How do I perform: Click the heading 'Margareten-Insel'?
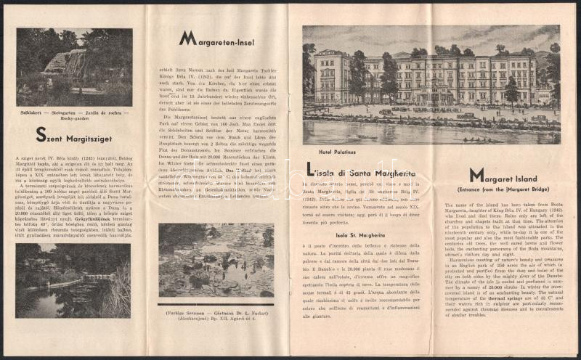click(218, 37)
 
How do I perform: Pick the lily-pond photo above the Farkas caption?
click(216, 260)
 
